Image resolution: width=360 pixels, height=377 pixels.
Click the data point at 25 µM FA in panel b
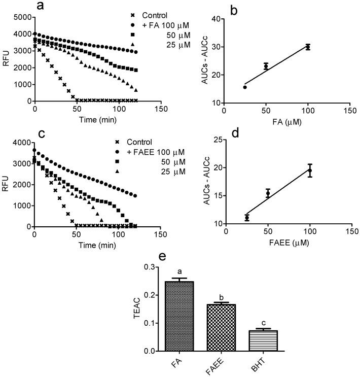click(245, 87)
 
